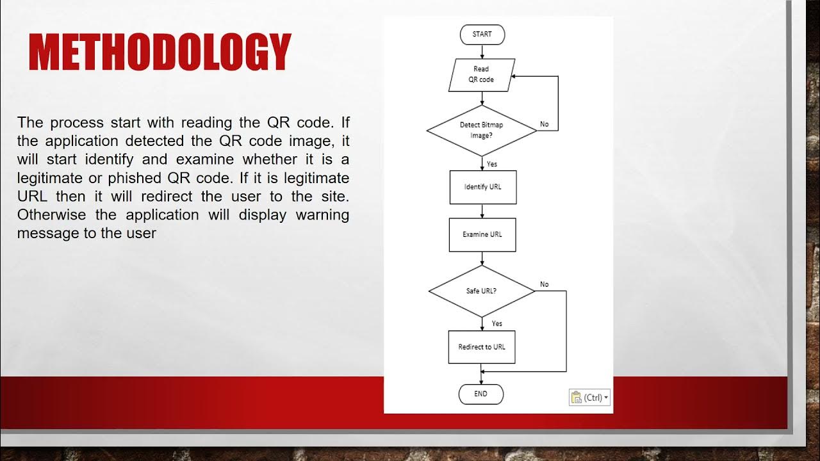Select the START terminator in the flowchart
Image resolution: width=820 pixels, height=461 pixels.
pyautogui.click(x=482, y=35)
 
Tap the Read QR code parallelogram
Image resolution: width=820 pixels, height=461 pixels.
pyautogui.click(x=481, y=74)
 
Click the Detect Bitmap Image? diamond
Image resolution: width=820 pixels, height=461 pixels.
pyautogui.click(x=481, y=131)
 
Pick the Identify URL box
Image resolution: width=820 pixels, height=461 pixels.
pyautogui.click(x=482, y=188)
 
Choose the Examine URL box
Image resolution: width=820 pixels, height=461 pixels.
pyautogui.click(x=482, y=234)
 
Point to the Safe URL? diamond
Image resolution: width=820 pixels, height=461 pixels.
pyautogui.click(x=481, y=291)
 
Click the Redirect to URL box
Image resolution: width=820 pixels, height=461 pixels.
pyautogui.click(x=482, y=347)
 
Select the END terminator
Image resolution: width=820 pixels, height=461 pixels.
pyautogui.click(x=481, y=394)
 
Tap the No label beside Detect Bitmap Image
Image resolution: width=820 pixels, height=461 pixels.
pyautogui.click(x=544, y=124)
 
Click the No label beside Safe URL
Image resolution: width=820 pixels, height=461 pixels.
pyautogui.click(x=544, y=284)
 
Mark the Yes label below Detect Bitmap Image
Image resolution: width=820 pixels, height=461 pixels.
pyautogui.click(x=492, y=165)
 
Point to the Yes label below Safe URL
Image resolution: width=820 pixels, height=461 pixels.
pyautogui.click(x=497, y=324)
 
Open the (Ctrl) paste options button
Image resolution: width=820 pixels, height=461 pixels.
pyautogui.click(x=589, y=398)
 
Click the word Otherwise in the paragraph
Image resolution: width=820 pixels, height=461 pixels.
pyautogui.click(x=53, y=214)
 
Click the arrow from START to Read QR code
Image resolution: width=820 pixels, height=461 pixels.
pyautogui.click(x=482, y=52)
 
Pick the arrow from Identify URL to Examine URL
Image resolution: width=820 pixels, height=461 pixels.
pyautogui.click(x=482, y=211)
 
